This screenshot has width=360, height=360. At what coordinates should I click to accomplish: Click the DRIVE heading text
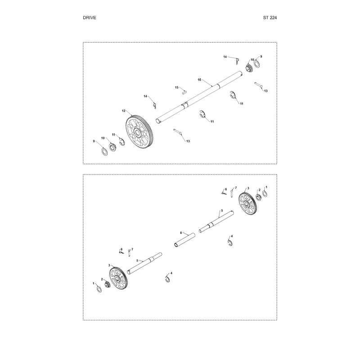pos(89,18)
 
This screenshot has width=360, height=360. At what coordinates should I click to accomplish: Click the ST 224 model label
pos(270,18)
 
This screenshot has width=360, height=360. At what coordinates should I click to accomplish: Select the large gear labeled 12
pos(139,132)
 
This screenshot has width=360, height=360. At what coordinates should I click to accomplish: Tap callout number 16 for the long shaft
pos(199,80)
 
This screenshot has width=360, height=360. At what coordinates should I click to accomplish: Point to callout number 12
pos(123,111)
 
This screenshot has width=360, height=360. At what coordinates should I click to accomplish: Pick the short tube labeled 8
pos(184,240)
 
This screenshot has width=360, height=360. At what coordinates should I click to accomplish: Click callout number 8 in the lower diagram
pos(181,233)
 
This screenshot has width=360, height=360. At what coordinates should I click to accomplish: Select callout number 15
pos(176,87)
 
